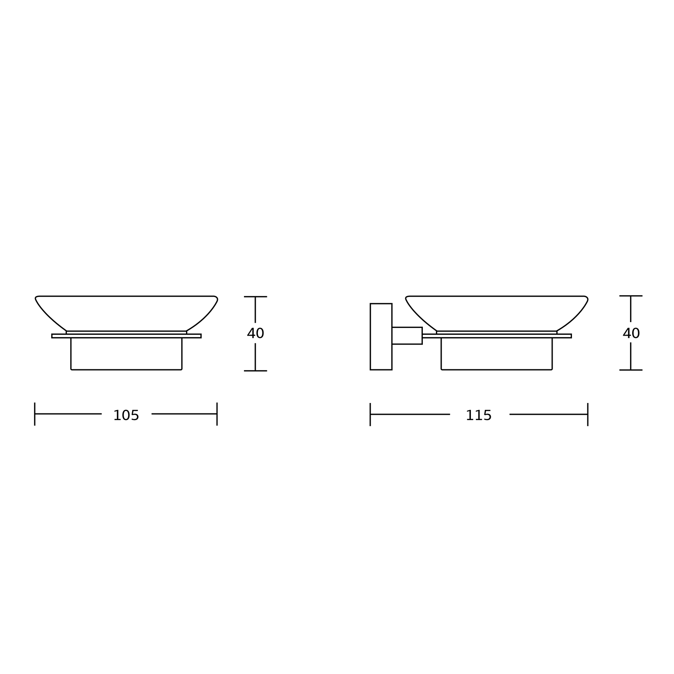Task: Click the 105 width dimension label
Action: point(126,416)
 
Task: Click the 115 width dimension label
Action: point(479,416)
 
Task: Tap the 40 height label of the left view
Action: point(256,333)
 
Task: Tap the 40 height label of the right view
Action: point(631,333)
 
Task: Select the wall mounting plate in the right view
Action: point(381,337)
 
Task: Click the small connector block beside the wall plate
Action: point(407,336)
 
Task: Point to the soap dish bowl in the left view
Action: point(126,314)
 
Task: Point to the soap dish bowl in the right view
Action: point(497,314)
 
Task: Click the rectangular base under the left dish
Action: point(126,354)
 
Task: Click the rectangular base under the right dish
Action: point(497,354)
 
